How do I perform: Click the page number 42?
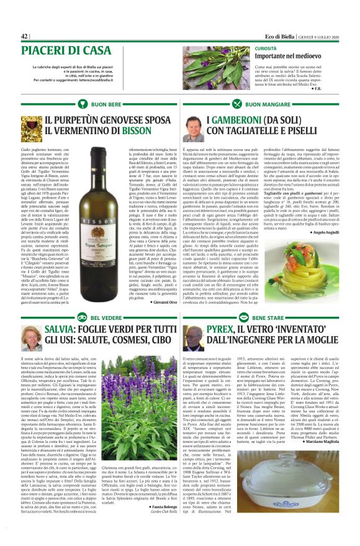click(25, 37)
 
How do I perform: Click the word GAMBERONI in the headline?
click(240, 119)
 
